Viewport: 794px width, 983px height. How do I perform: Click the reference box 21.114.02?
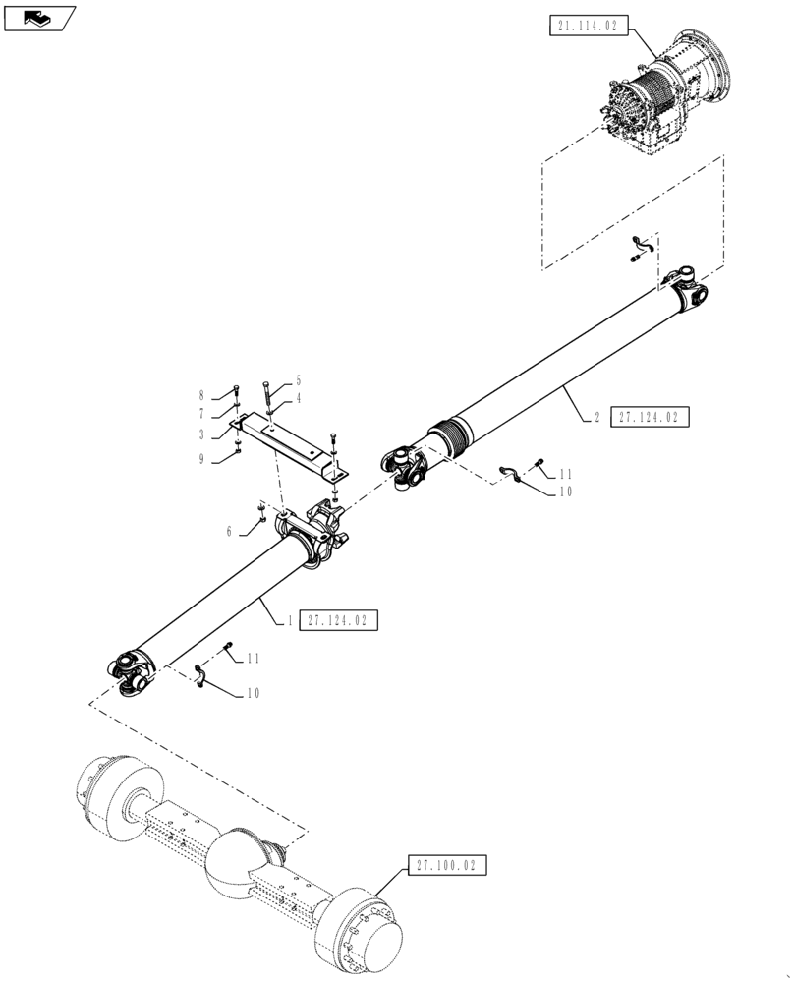coord(587,27)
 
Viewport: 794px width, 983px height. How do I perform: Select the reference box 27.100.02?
coord(445,865)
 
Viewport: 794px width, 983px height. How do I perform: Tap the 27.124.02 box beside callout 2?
coord(650,418)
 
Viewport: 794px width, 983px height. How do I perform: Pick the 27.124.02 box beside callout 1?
coord(337,620)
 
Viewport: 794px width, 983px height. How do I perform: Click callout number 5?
coord(299,380)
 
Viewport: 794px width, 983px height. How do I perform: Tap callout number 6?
coord(230,531)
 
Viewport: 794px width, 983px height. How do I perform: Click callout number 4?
coord(299,398)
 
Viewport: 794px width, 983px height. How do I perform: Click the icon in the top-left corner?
coord(38,17)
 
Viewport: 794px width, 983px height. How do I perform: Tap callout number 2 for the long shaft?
coord(596,418)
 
